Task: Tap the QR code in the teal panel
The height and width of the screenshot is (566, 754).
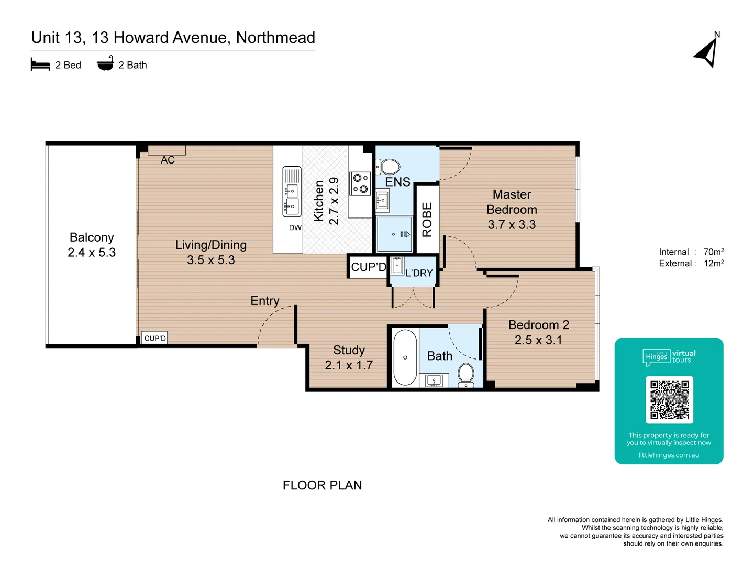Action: (x=669, y=400)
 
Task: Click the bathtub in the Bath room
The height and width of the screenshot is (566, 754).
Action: (x=405, y=357)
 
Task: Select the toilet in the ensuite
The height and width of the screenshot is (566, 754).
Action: (x=389, y=167)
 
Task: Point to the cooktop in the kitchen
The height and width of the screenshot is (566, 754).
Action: (x=360, y=183)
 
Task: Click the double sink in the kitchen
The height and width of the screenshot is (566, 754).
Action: (x=292, y=192)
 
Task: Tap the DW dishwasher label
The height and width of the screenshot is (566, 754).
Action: (x=295, y=227)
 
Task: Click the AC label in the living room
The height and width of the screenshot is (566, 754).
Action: (x=168, y=160)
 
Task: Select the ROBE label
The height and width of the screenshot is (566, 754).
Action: (x=427, y=220)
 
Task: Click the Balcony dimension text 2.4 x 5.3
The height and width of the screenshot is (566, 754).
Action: (x=92, y=253)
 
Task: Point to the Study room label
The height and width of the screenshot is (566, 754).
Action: (x=349, y=350)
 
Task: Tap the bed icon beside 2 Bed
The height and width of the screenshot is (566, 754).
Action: (x=40, y=65)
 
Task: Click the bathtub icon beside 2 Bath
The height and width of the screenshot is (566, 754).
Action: (x=105, y=64)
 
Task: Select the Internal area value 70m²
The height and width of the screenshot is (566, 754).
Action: (x=713, y=252)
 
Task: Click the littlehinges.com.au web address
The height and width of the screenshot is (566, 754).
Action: (x=669, y=455)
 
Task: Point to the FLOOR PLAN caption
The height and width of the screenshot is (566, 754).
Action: (x=322, y=485)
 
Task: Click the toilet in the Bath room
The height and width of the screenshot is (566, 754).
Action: (x=465, y=374)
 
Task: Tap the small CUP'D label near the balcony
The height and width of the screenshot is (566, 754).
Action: (x=155, y=338)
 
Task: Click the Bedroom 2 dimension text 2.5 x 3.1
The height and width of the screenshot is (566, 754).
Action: (x=538, y=340)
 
